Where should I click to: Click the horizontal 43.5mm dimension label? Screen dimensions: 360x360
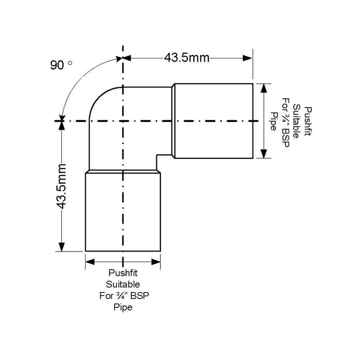click(x=186, y=58)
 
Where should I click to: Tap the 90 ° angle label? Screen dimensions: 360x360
click(x=61, y=65)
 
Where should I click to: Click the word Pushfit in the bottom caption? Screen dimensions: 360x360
click(x=123, y=273)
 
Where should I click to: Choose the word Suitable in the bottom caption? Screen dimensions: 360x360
click(x=123, y=284)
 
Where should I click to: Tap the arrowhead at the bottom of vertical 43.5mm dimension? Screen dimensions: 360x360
click(x=62, y=247)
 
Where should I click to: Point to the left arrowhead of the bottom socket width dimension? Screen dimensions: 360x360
click(x=88, y=262)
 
